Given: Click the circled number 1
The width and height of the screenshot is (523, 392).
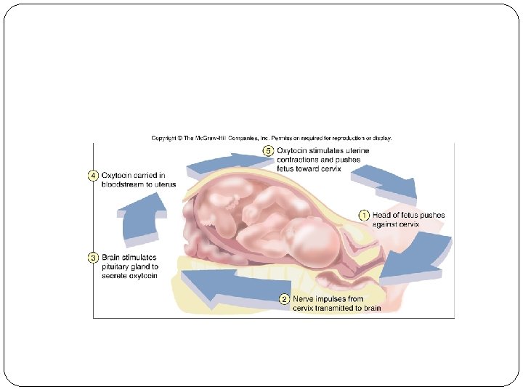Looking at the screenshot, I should coord(364,215).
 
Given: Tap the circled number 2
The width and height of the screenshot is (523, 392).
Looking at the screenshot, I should coord(285,299).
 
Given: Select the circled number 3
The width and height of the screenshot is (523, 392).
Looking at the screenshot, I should coord(93,258).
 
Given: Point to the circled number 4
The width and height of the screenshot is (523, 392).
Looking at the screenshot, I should coord(93,176).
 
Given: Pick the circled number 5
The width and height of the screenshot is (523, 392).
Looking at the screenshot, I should coord(269,151).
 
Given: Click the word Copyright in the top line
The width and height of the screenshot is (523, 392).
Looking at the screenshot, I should coord(164,138).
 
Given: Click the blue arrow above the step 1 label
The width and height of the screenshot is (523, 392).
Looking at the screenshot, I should coord(385,181).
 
